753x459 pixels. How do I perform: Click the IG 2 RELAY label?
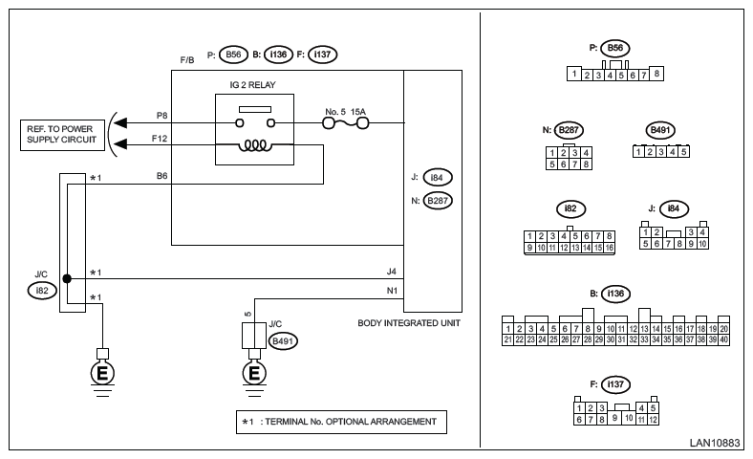click(252, 85)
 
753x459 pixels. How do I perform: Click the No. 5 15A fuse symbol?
click(346, 123)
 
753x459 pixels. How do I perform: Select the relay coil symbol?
click(254, 145)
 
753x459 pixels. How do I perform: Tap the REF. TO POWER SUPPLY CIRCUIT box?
click(62, 135)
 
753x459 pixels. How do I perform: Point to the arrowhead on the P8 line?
click(120, 123)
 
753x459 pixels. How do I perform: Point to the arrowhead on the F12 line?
click(120, 143)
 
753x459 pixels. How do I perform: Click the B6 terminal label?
click(161, 176)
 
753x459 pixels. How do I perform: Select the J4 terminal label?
click(392, 272)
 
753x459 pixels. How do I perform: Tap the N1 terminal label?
click(392, 291)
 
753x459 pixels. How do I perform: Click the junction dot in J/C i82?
click(67, 279)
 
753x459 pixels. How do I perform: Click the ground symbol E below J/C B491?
click(254, 374)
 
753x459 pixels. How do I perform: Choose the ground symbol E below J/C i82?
click(102, 374)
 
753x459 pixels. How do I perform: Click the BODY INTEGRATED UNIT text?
click(409, 323)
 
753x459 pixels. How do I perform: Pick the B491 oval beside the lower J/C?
click(283, 341)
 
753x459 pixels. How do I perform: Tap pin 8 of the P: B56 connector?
click(656, 74)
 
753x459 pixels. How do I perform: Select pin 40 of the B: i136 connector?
click(723, 339)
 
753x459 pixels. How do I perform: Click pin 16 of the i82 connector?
click(609, 248)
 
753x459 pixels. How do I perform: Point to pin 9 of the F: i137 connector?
click(614, 418)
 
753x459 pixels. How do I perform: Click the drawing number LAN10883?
click(715, 443)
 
